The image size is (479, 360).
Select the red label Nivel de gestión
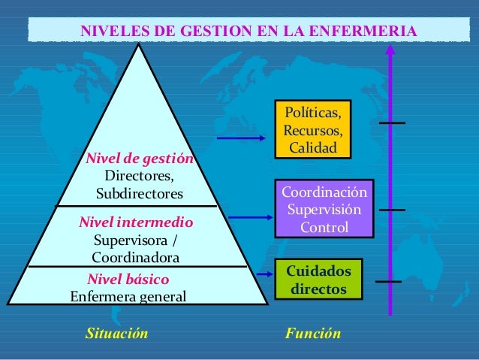tap(140, 159)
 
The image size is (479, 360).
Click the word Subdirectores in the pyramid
tap(140, 194)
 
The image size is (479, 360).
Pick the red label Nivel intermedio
tap(136, 222)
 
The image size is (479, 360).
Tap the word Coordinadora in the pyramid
tap(136, 258)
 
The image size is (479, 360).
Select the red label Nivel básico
tap(128, 280)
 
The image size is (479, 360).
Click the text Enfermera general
tap(128, 296)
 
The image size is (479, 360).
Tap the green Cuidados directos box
tap(318, 279)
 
